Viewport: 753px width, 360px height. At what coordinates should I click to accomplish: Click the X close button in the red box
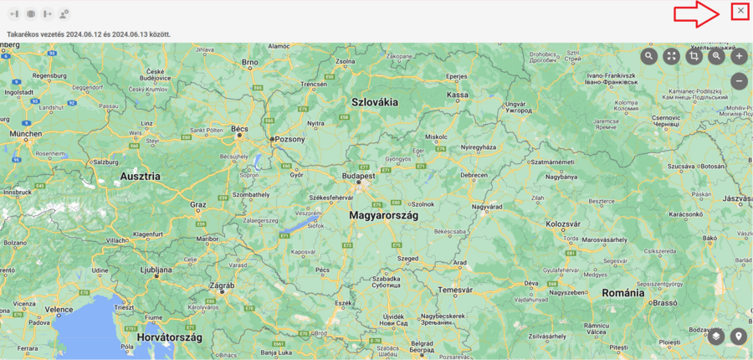pos(740,11)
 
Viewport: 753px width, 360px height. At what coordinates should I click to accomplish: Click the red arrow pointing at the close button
pos(697,13)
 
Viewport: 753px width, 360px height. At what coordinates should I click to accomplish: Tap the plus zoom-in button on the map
pos(739,56)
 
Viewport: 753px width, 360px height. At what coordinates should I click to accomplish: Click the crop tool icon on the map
pos(694,56)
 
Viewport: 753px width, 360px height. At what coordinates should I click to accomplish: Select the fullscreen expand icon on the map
pos(671,56)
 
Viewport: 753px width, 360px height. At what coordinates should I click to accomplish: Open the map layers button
pos(716,337)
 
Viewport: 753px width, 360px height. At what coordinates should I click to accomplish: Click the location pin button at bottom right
pos(738,337)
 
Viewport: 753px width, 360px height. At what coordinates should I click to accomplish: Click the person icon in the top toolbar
pos(64,13)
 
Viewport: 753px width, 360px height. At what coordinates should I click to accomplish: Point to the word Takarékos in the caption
pos(22,34)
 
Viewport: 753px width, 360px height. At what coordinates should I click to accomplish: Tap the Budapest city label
pos(358,177)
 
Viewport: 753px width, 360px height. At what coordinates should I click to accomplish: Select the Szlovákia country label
pos(375,102)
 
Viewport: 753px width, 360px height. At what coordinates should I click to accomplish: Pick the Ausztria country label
pos(141,177)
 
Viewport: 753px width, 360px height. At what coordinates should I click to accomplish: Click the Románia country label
pos(625,294)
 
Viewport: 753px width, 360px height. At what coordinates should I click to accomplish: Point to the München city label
pos(26,133)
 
